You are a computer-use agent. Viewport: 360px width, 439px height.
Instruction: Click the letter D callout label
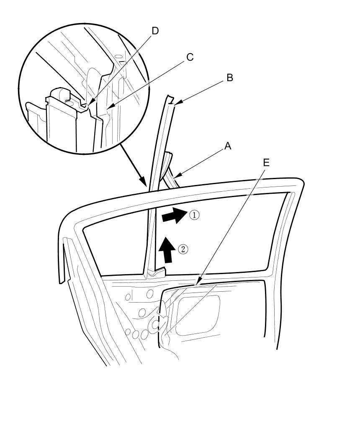pyautogui.click(x=155, y=31)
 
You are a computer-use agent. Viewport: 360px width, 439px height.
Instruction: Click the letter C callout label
pyautogui.click(x=190, y=57)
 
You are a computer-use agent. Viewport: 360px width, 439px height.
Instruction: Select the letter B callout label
pyautogui.click(x=229, y=78)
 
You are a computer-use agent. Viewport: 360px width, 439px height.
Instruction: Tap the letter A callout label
pyautogui.click(x=228, y=146)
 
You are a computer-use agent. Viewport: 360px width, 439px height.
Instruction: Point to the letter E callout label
pyautogui.click(x=266, y=162)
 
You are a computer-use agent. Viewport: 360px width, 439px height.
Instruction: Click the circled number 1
pyautogui.click(x=194, y=215)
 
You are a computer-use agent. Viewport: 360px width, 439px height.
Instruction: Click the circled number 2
pyautogui.click(x=183, y=249)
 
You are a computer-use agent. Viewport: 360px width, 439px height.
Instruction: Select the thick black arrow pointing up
pyautogui.click(x=167, y=249)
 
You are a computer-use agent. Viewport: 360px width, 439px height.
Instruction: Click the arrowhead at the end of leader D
pyautogui.click(x=90, y=103)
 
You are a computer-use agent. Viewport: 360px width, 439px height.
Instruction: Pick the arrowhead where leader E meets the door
pyautogui.click(x=198, y=282)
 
